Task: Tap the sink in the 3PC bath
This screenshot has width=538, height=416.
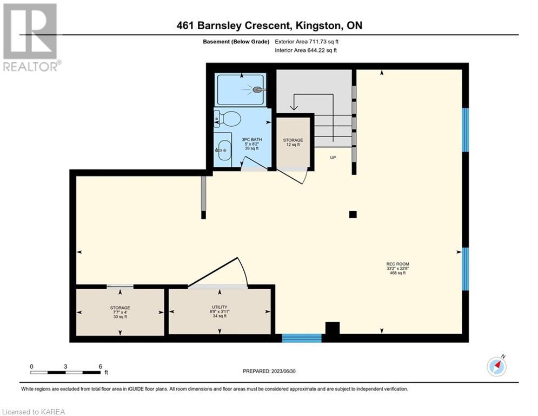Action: [223, 150]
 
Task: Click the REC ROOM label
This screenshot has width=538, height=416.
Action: [397, 264]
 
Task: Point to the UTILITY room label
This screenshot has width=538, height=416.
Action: [220, 307]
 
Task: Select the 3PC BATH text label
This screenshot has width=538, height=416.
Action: [252, 140]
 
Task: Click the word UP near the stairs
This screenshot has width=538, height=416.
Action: [333, 158]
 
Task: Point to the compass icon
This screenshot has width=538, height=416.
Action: [496, 367]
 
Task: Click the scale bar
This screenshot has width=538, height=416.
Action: [65, 372]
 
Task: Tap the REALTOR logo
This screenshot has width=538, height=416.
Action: [30, 37]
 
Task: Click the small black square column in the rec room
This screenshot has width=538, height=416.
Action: [353, 214]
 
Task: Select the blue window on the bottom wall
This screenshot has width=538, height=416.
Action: [302, 338]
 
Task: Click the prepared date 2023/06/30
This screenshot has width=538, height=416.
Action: [283, 371]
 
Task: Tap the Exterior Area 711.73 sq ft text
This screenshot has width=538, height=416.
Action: [307, 42]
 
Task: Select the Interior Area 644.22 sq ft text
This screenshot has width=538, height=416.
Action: [305, 50]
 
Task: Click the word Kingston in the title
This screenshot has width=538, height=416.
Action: [318, 25]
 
